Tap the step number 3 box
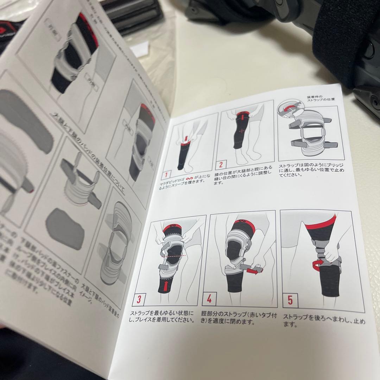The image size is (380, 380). [139, 299]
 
